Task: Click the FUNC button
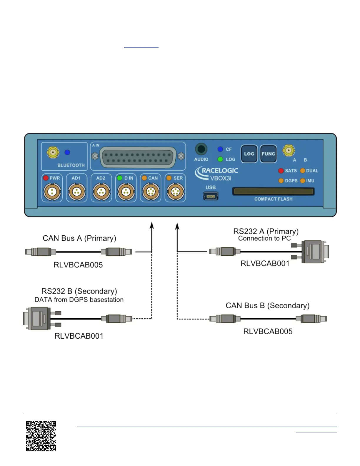[268, 154]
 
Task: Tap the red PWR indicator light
[46, 178]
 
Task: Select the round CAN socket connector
[151, 192]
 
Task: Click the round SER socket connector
[175, 192]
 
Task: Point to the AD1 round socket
[76, 192]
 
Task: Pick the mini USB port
[211, 196]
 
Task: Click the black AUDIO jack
[201, 149]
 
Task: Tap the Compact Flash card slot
[273, 192]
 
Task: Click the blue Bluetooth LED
[67, 152]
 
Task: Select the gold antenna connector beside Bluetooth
[53, 152]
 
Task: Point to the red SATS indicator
[281, 171]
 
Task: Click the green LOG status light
[220, 159]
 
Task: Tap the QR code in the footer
[41, 436]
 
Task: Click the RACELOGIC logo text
[220, 170]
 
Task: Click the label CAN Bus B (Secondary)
[267, 306]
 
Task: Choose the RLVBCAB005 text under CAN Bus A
[78, 265]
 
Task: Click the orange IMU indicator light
[302, 181]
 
